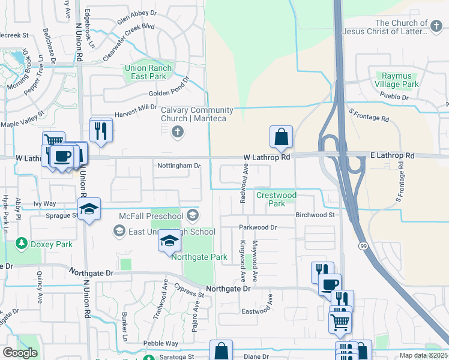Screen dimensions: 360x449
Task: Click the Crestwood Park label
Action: point(276,199)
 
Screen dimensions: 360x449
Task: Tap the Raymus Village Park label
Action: point(397,80)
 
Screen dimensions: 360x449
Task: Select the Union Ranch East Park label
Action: point(148,73)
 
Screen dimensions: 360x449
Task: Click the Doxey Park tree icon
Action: point(22,243)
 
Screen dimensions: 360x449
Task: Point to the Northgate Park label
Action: point(199,257)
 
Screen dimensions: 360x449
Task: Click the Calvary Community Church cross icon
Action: point(177,131)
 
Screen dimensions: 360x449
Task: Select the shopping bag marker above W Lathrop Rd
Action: point(281,137)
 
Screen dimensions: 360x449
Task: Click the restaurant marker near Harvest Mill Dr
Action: point(101,130)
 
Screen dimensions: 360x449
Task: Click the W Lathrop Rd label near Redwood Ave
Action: point(267,157)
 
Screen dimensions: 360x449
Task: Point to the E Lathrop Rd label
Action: point(391,155)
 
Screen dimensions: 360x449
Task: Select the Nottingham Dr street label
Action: point(179,165)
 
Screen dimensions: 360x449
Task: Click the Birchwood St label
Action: point(314,214)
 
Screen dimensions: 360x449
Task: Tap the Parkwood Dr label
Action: point(258,227)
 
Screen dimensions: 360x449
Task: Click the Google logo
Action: point(20,352)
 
